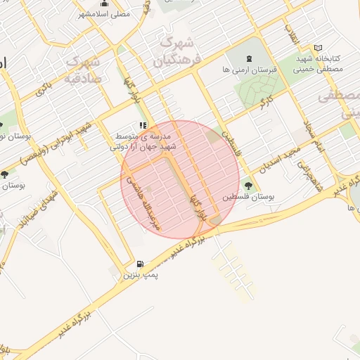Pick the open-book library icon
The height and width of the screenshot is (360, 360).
click(318, 49)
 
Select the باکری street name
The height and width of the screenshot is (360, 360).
click(43, 89)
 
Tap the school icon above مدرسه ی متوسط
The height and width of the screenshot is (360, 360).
click(143, 126)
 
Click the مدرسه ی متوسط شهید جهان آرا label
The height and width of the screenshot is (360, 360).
click(145, 142)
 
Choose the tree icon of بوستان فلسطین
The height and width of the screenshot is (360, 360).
click(247, 186)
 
